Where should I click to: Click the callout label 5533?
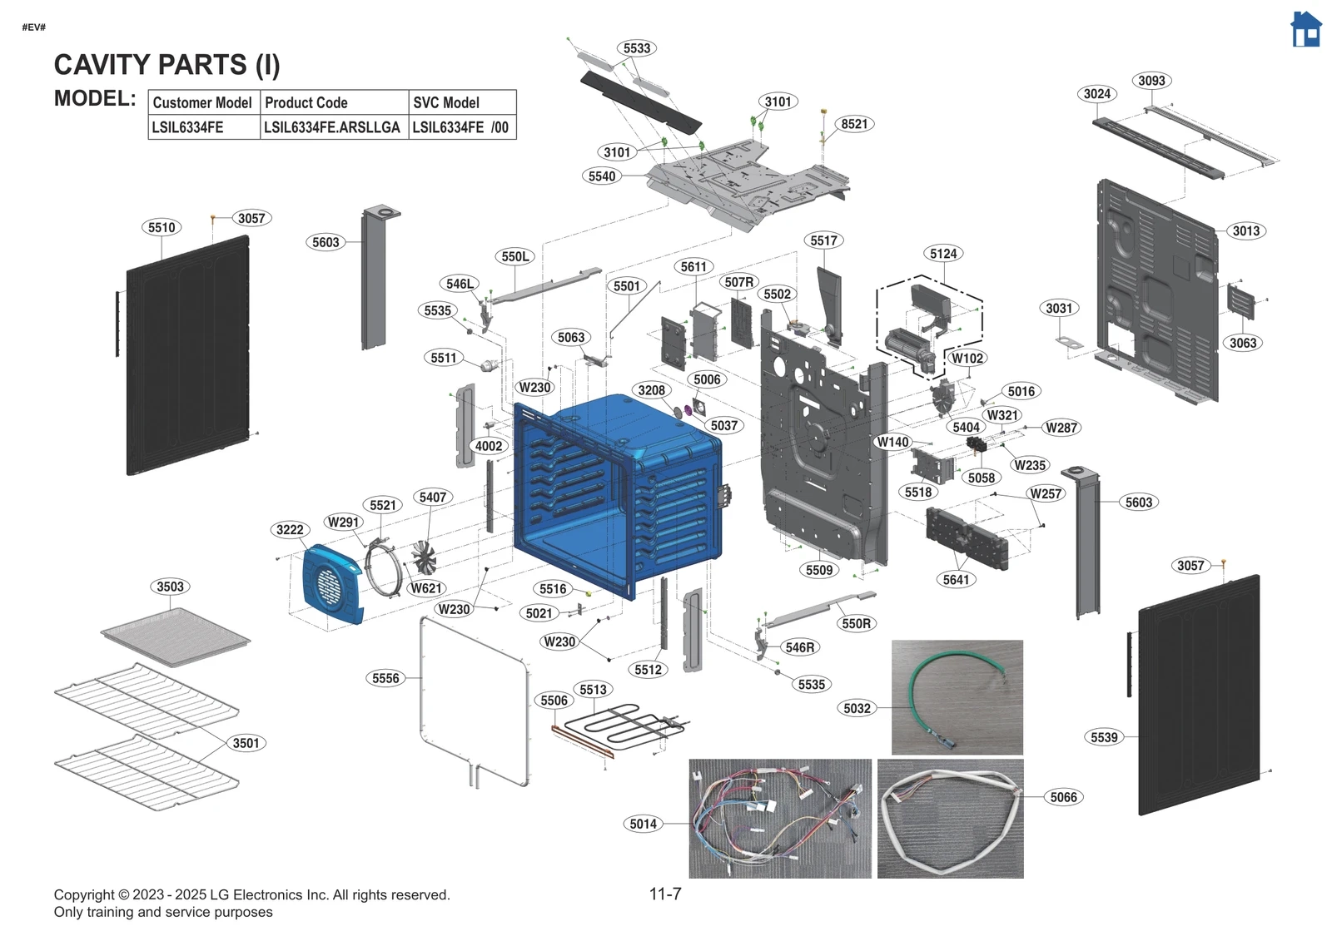coord(637,48)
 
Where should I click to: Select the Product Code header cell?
coord(334,102)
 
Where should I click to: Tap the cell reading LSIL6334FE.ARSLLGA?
coord(334,127)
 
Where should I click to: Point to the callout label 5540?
coord(602,176)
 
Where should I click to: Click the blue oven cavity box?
coord(616,491)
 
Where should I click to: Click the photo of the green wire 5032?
coord(957,697)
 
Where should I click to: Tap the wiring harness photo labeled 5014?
coord(779,818)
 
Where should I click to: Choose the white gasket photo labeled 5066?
coord(950,819)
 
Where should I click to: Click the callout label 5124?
coord(943,254)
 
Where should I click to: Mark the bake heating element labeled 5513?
coord(633,723)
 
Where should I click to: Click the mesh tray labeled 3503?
coord(175,636)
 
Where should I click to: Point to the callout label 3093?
coord(1151,81)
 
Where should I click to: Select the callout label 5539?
coord(1104,737)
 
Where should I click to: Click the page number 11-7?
coord(665,894)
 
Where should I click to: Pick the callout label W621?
coord(425,588)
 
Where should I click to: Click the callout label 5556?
coord(385,678)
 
